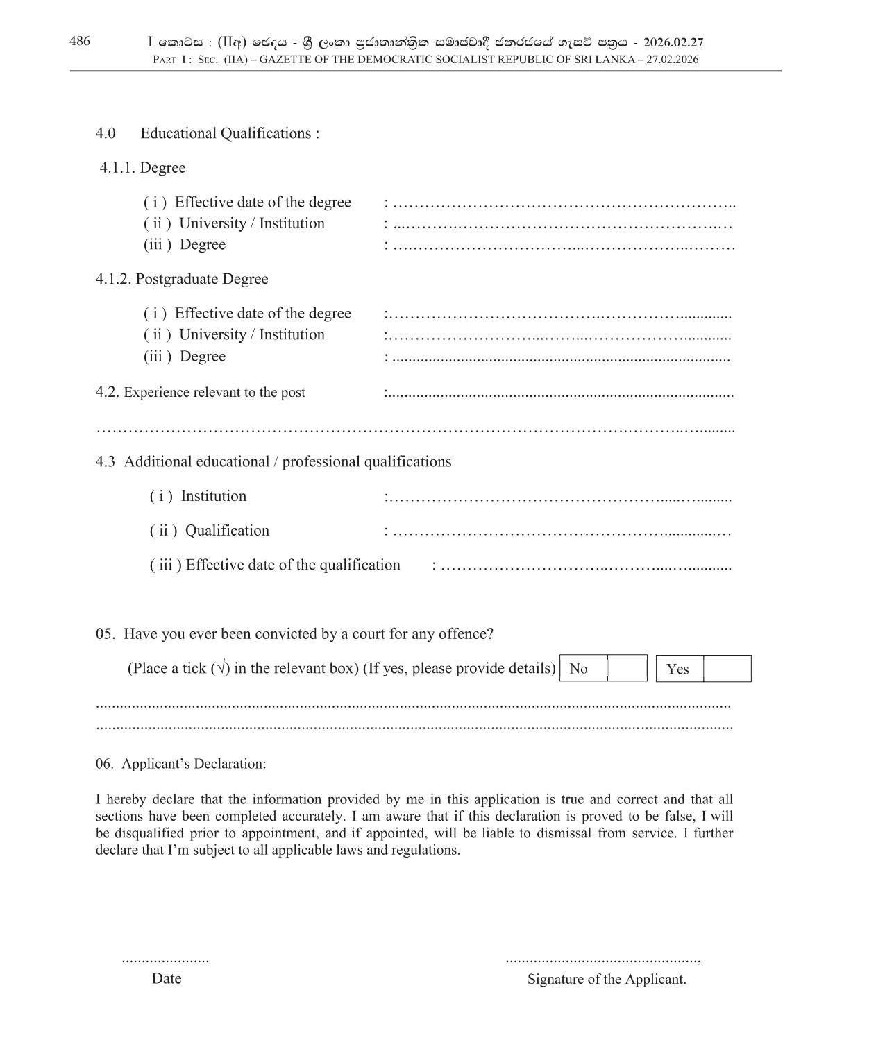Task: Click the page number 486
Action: [80, 42]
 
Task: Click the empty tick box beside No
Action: [627, 668]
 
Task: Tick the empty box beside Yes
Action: [727, 669]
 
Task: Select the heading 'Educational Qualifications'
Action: [230, 133]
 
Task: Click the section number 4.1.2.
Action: [114, 279]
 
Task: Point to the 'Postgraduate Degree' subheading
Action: [202, 279]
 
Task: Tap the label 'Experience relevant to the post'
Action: [214, 392]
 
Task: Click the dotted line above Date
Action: [165, 961]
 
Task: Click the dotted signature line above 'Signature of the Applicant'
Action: [602, 961]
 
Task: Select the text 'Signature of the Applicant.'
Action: [607, 979]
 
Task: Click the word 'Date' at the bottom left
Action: [167, 978]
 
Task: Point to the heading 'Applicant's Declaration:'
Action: [194, 764]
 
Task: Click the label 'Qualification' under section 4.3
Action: [227, 531]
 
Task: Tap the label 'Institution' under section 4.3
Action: [214, 496]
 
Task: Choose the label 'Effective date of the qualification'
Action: [293, 565]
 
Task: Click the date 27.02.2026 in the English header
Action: [672, 60]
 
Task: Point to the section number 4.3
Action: [106, 461]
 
